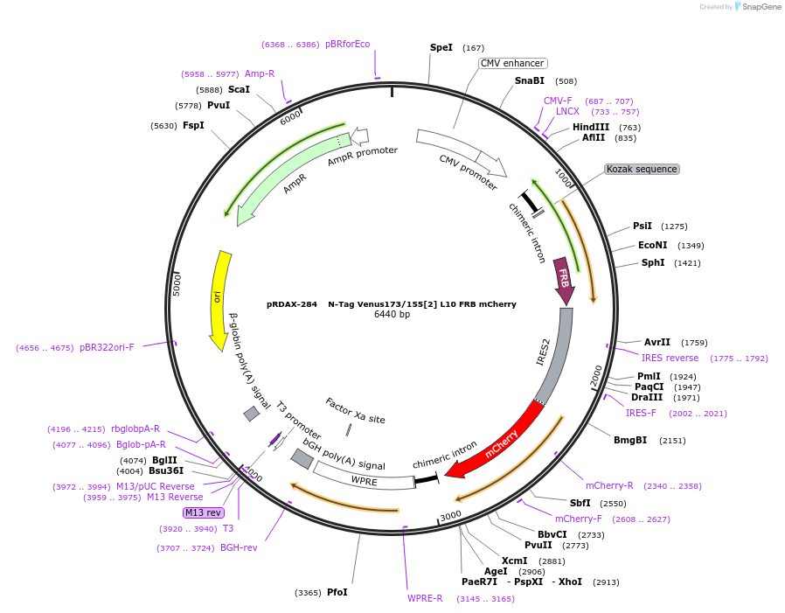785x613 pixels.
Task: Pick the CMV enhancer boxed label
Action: pos(513,63)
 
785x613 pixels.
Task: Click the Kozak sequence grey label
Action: pos(642,169)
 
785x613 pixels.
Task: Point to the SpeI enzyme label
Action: pos(441,47)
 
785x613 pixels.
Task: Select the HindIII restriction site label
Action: pos(590,127)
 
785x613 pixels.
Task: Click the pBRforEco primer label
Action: pos(347,44)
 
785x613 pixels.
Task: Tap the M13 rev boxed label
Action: pos(203,512)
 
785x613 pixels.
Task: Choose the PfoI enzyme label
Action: pos(337,592)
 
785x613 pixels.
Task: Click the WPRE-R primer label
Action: pos(425,598)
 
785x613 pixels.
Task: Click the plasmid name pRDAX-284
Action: pos(292,304)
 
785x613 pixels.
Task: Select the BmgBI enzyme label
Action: pos(629,440)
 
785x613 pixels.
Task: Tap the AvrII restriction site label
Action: pos(656,342)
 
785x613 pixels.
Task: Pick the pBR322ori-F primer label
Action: pos(107,347)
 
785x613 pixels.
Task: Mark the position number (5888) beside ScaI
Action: pos(209,89)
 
